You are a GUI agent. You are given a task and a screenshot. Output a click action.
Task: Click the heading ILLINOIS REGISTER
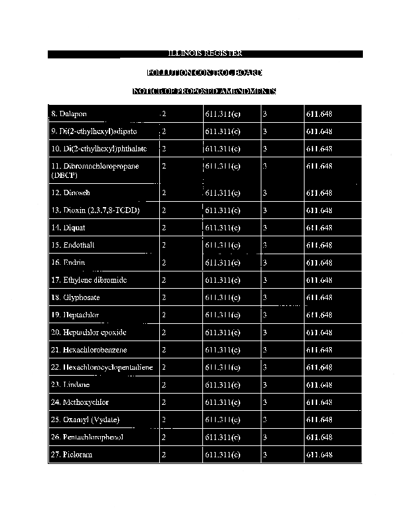coord(204,54)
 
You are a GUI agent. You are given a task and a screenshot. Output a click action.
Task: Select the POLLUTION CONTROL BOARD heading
coord(204,72)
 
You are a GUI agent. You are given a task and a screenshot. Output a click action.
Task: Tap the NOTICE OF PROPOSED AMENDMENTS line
coord(204,91)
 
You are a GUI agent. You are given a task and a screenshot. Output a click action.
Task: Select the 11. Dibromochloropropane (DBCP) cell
coord(95,171)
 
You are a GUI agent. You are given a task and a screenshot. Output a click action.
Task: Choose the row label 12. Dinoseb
coord(70,193)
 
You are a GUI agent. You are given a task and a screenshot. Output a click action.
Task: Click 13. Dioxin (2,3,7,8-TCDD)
coord(95,210)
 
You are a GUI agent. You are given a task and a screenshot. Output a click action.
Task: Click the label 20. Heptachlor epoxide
coord(88,333)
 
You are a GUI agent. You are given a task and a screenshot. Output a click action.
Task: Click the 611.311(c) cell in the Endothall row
coord(223,246)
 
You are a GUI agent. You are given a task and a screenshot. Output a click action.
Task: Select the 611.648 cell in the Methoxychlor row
coord(319,403)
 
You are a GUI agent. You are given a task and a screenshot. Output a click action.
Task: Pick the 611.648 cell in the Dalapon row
coord(319,114)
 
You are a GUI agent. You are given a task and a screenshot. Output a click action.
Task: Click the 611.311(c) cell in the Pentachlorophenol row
coord(223,437)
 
